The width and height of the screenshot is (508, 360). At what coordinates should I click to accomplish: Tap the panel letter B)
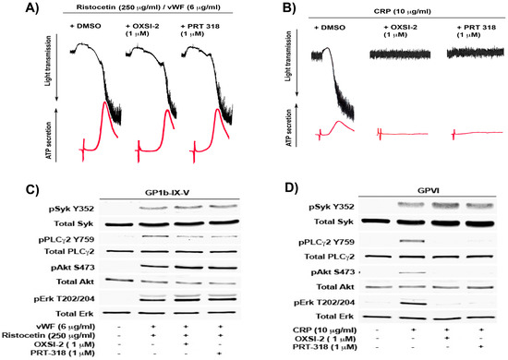click(268, 12)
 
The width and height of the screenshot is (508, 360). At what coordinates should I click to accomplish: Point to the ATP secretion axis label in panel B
click(294, 126)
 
